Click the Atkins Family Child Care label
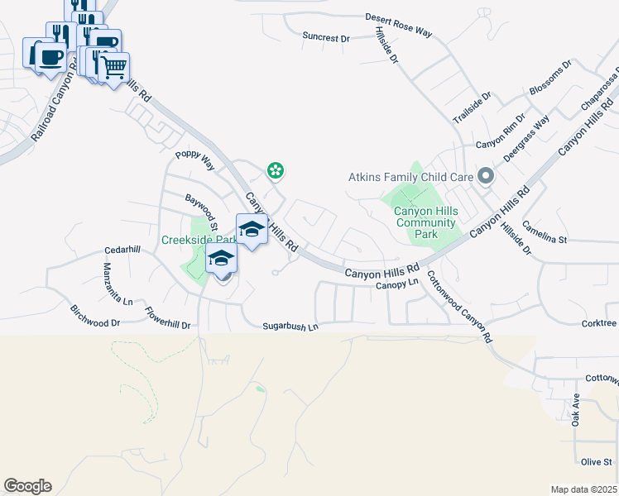(410, 177)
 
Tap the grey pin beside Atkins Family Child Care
(487, 176)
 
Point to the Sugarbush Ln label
(290, 327)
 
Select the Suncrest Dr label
(326, 37)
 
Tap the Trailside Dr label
(473, 108)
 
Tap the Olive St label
(596, 462)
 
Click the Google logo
(27, 486)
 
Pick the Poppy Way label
(195, 160)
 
